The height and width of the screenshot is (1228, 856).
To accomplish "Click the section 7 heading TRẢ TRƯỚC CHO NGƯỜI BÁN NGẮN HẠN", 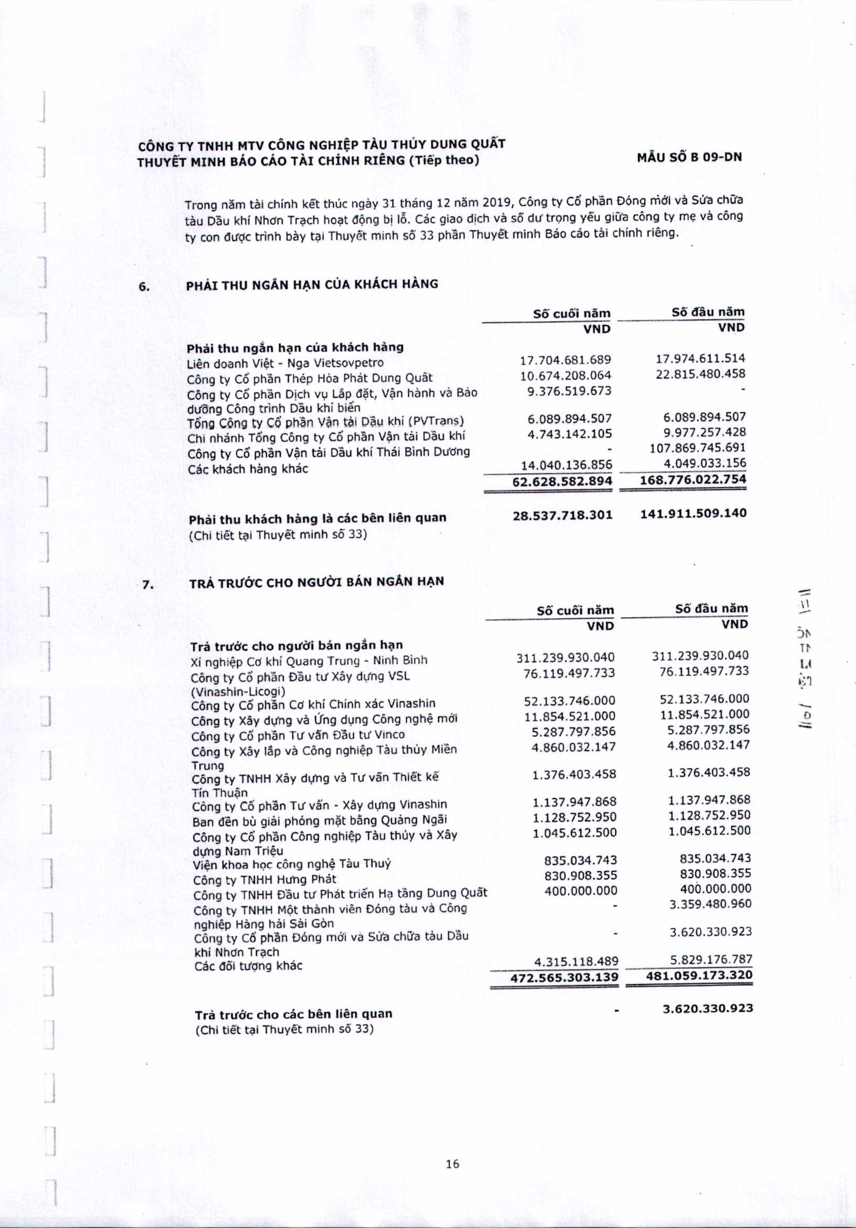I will (317, 581).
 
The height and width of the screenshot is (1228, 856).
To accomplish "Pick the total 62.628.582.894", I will (562, 481).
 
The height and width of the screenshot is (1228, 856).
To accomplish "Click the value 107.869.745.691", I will (697, 448).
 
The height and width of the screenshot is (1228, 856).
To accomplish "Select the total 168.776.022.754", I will (693, 479).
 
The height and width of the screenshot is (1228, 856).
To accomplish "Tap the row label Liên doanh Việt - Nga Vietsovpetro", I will (285, 363).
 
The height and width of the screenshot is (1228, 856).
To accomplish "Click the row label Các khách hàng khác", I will (248, 469).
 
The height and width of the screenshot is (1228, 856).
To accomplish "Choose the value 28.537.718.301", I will (562, 515).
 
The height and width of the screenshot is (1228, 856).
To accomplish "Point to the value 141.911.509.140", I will (693, 514).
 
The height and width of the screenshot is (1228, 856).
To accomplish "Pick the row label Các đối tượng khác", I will (248, 965).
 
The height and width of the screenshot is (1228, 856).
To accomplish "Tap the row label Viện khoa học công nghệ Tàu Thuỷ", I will (292, 864).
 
